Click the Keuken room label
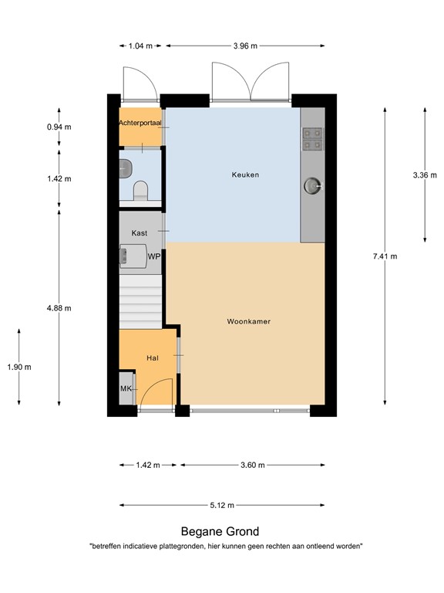pyautogui.click(x=245, y=175)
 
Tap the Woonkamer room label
pyautogui.click(x=248, y=321)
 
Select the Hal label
pyautogui.click(x=152, y=358)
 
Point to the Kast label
pyautogui.click(x=140, y=232)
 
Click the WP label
pyautogui.click(x=154, y=256)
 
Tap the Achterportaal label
pyautogui.click(x=140, y=124)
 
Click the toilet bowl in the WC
pyautogui.click(x=140, y=190)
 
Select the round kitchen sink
pyautogui.click(x=312, y=185)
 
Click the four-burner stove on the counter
pyautogui.click(x=312, y=137)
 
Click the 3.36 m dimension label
pyautogui.click(x=425, y=175)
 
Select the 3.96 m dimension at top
pyautogui.click(x=245, y=46)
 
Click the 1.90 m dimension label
pyautogui.click(x=18, y=367)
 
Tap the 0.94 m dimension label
pyautogui.click(x=59, y=127)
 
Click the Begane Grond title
pyautogui.click(x=220, y=531)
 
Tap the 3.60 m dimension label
pyautogui.click(x=251, y=465)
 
